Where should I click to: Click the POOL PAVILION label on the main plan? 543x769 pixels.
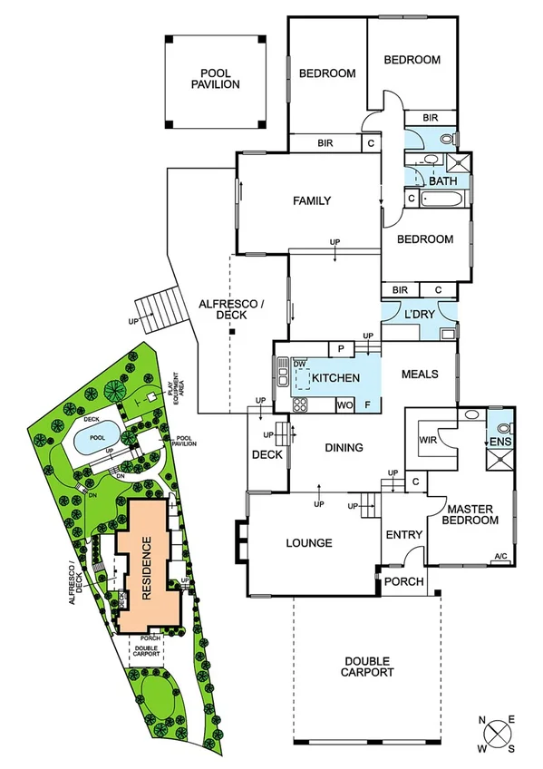click(x=215, y=79)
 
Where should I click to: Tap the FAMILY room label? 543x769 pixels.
click(x=311, y=201)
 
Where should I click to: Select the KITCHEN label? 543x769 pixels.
click(x=336, y=378)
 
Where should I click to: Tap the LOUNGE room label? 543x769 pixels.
click(x=308, y=543)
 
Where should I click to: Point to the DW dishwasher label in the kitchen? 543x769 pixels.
click(x=300, y=365)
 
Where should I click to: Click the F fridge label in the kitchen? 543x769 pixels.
click(x=367, y=405)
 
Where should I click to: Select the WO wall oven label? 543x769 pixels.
click(x=344, y=405)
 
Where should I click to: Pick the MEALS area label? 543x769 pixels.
click(x=420, y=375)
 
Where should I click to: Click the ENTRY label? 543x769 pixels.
click(x=403, y=535)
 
